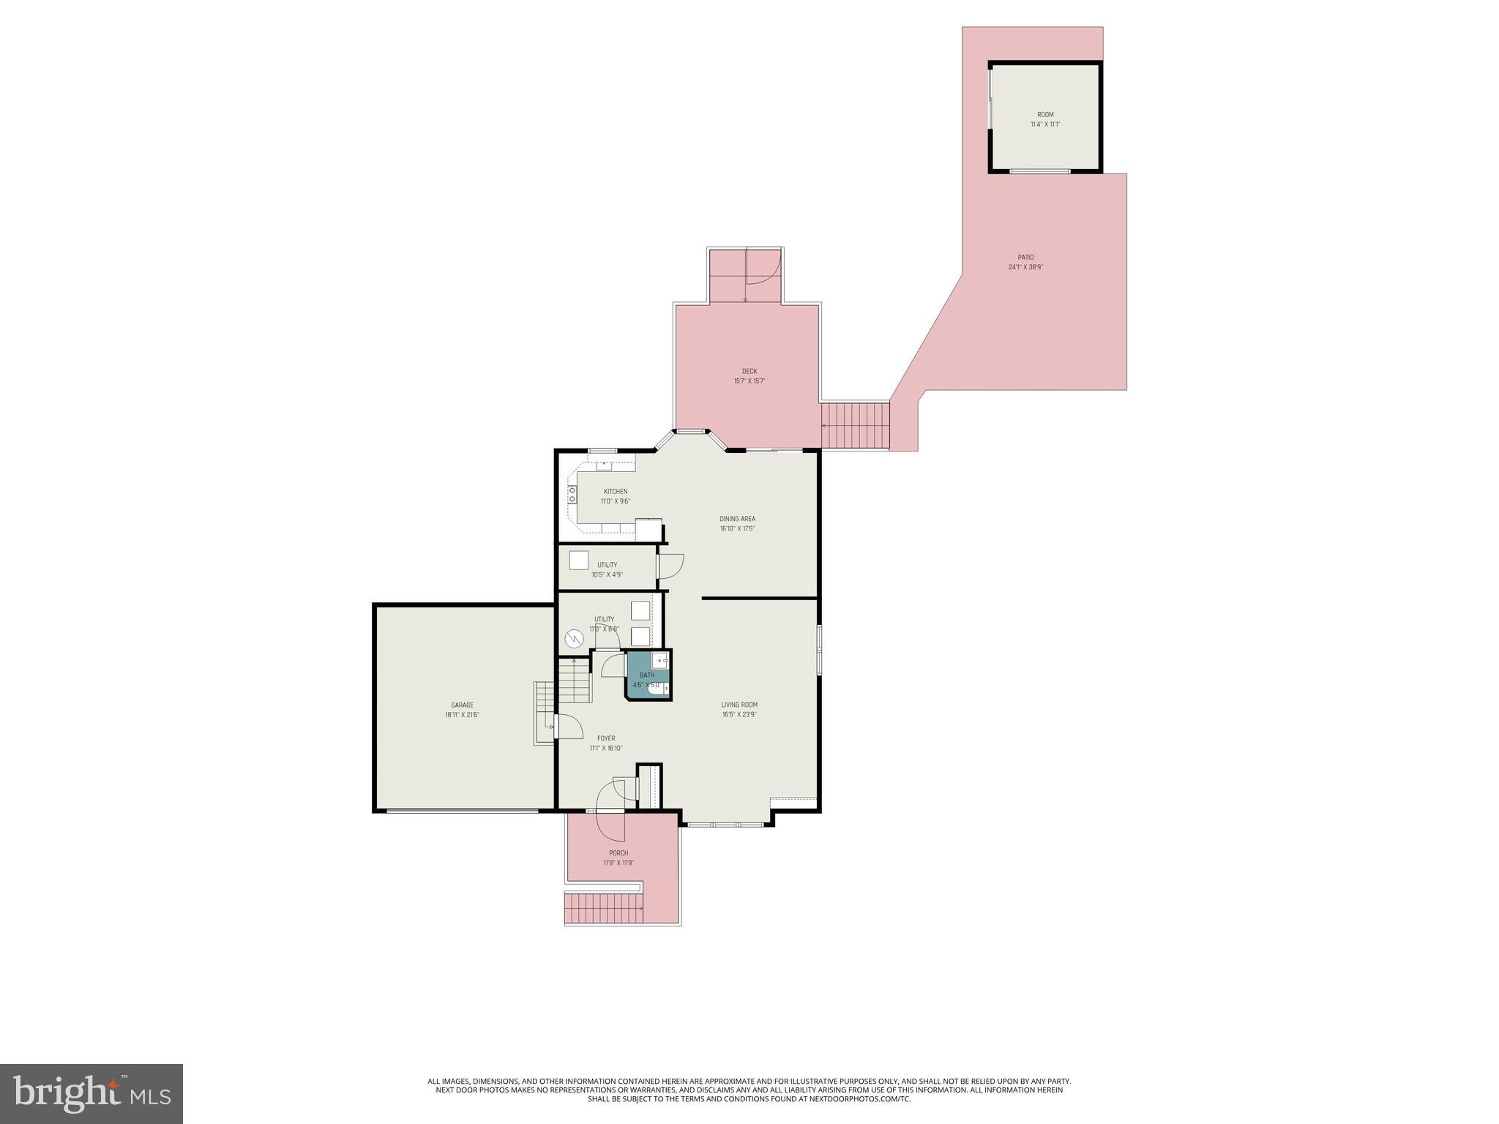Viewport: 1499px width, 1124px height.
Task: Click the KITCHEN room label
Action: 615,492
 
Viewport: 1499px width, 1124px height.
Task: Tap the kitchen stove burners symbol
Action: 572,495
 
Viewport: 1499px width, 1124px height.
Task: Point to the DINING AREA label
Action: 737,519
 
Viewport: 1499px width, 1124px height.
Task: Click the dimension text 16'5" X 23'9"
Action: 739,714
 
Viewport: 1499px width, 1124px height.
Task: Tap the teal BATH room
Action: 647,675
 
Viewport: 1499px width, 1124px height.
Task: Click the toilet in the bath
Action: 656,688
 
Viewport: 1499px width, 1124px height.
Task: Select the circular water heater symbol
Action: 574,640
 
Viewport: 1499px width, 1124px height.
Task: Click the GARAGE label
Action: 462,705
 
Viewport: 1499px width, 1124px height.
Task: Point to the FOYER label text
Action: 606,738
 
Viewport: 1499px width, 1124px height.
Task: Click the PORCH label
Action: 618,853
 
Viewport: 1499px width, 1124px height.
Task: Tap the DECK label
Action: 749,371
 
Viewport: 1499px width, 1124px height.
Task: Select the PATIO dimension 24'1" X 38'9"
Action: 1025,267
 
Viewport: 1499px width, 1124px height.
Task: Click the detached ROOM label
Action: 1045,115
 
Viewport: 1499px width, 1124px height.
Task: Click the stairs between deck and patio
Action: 855,425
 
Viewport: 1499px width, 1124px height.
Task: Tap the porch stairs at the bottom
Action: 603,908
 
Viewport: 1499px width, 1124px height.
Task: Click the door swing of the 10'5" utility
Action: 670,566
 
